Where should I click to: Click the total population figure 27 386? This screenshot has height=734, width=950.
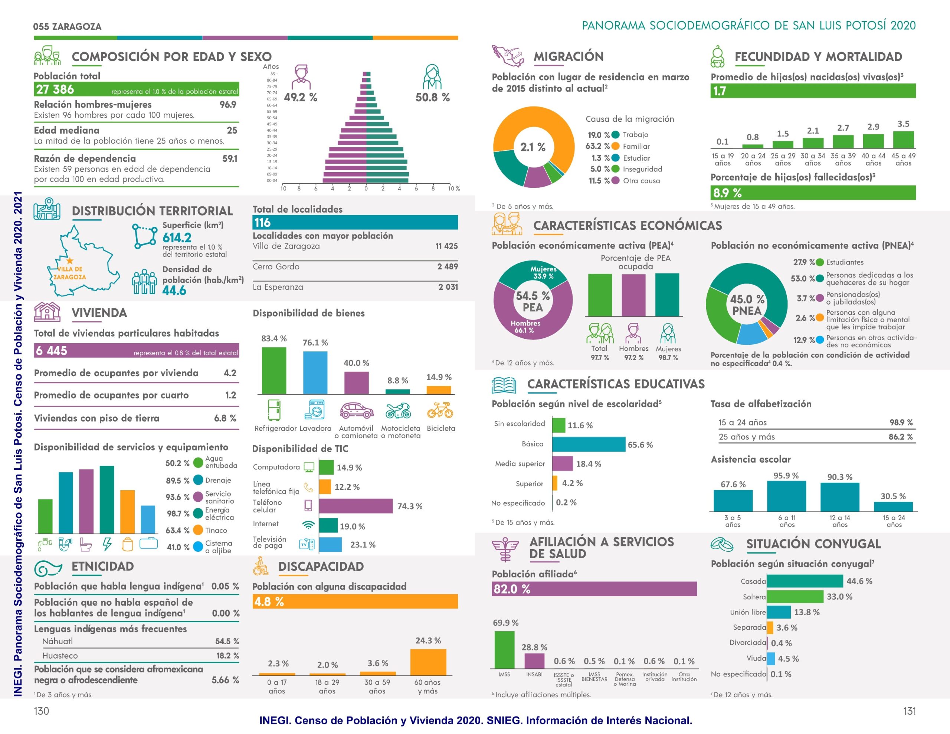[x=55, y=90]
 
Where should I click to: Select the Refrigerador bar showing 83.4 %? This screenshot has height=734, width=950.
[x=274, y=370]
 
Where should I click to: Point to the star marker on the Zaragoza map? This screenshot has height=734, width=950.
[x=70, y=261]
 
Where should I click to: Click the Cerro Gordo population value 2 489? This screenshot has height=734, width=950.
[x=447, y=266]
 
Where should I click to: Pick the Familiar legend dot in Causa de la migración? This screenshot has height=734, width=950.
[x=616, y=146]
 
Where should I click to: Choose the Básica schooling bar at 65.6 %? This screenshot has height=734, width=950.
[x=589, y=444]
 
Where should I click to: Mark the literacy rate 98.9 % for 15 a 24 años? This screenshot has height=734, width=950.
[x=901, y=422]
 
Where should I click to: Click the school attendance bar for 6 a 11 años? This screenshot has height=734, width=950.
[x=786, y=496]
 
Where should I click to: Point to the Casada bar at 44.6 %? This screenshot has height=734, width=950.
[x=805, y=581]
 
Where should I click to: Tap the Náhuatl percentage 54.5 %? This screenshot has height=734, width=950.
[x=227, y=641]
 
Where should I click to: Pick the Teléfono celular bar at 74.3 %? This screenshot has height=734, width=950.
[x=356, y=506]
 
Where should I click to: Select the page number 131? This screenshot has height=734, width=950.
[x=909, y=711]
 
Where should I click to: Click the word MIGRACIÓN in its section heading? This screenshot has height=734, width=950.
[x=569, y=56]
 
